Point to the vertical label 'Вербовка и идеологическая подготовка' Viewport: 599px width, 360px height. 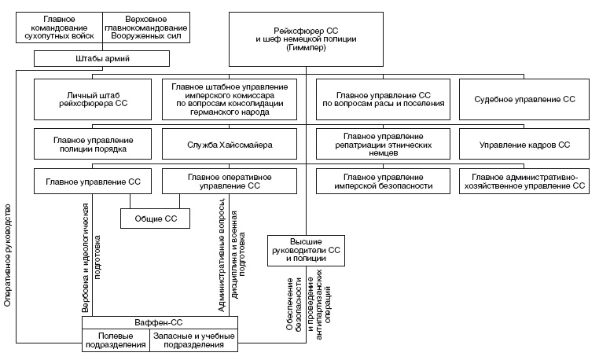click(x=91, y=252)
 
